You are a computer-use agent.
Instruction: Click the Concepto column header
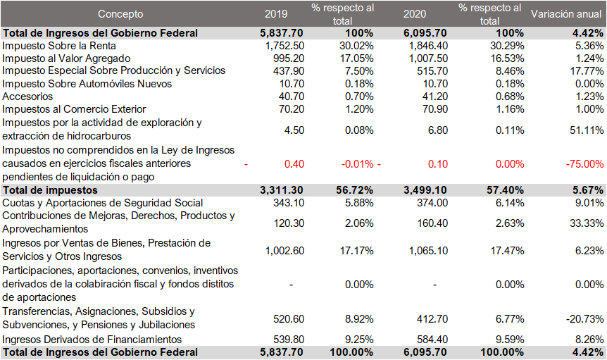pos(120,14)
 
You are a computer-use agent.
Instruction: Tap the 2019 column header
pos(276,14)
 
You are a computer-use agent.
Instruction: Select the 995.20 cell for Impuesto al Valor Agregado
pos(288,58)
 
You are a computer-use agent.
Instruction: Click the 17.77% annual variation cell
pos(586,70)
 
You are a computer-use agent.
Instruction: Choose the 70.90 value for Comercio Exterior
pos(433,109)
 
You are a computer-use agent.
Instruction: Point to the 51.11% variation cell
pos(586,130)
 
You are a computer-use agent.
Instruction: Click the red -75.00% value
pos(584,163)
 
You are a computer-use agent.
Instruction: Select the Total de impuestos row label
pos(51,190)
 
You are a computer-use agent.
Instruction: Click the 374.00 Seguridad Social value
pos(430,203)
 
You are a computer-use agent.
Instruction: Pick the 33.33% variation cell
pos(586,223)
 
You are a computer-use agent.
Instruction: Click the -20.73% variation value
pos(584,318)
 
